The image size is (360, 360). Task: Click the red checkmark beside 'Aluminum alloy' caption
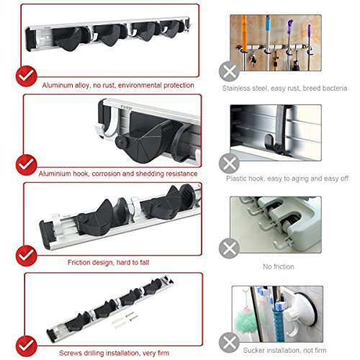[27, 76]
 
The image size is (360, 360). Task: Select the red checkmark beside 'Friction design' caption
[27, 254]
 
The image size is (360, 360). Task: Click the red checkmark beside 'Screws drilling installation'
[27, 341]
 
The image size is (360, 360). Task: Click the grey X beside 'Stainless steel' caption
[230, 72]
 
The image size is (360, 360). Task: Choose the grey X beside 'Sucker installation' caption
[230, 338]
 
